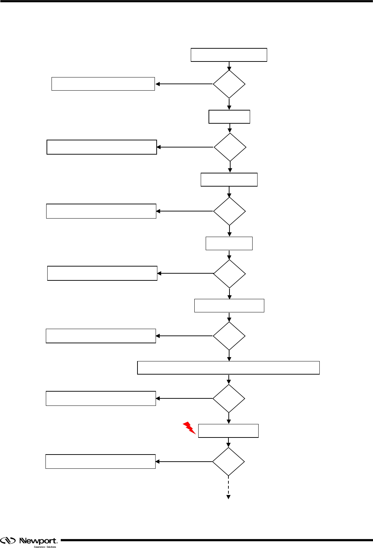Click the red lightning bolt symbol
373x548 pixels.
189,428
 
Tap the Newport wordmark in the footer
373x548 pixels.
38,541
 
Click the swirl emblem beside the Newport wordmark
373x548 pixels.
8,541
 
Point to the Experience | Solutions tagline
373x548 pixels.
45,547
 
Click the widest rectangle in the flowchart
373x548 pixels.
228,367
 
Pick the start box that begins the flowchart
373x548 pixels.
229,55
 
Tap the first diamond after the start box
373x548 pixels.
229,84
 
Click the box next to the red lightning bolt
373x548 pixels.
228,431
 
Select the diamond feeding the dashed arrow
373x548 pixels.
228,462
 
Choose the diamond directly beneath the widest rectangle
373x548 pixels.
229,398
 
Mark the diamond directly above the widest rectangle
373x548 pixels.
229,336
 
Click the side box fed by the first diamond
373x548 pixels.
103,84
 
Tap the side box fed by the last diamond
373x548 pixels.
101,461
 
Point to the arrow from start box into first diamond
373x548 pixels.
229,66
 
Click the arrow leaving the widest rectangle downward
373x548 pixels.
229,380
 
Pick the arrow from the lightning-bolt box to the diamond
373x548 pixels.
228,442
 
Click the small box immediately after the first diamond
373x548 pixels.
229,117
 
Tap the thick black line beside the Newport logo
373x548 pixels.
217,540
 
